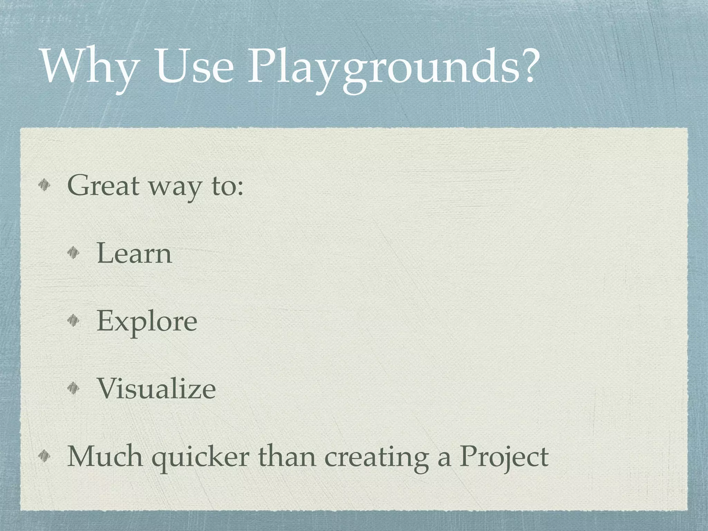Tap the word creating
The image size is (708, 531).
[x=376, y=458]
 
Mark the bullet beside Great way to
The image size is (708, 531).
[x=45, y=187]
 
